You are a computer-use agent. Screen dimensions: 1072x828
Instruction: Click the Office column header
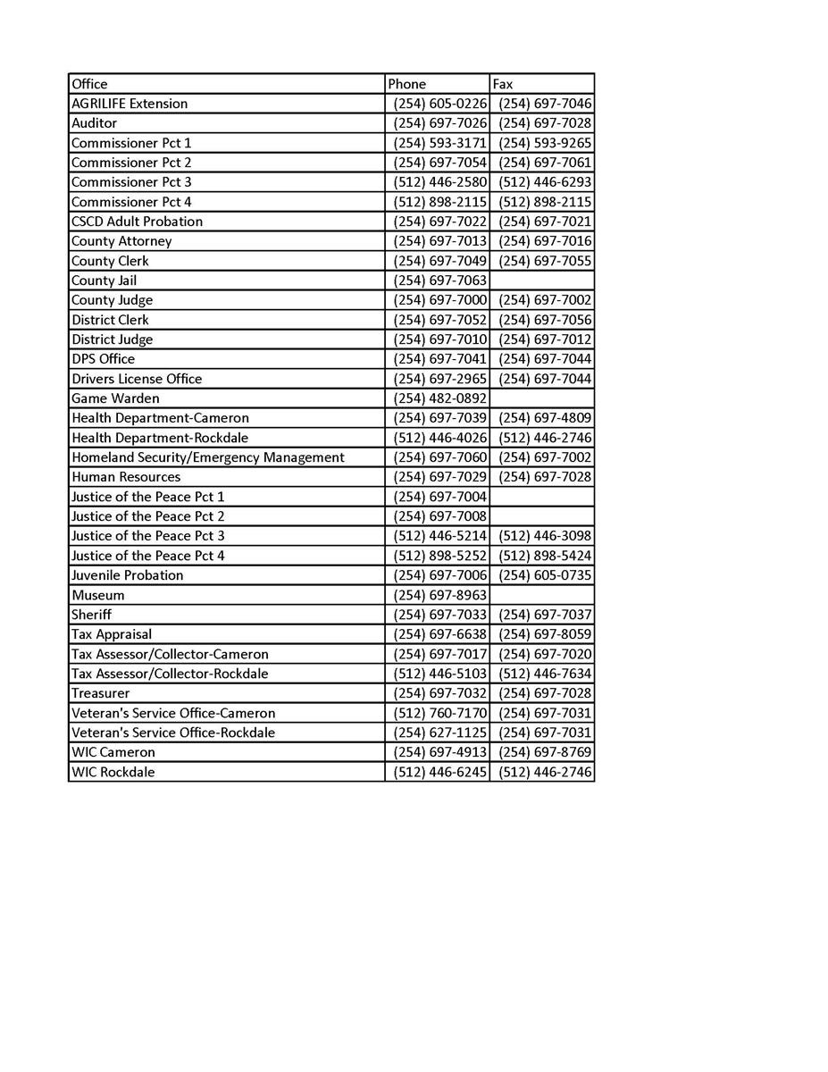(x=89, y=84)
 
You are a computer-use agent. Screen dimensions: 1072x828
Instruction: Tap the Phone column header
(x=407, y=84)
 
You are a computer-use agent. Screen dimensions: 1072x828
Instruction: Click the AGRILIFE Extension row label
(x=130, y=104)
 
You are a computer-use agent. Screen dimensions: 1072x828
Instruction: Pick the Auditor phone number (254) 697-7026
(x=439, y=123)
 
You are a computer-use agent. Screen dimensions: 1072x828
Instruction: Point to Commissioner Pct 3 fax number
(x=545, y=182)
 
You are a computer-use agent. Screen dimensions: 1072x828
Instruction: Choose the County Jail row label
(x=104, y=281)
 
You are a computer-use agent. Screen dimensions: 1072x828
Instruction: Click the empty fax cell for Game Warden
(x=541, y=398)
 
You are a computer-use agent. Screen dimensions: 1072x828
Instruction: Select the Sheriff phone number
(x=439, y=615)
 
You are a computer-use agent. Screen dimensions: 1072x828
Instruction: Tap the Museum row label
(x=98, y=595)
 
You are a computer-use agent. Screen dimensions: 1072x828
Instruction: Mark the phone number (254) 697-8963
(x=439, y=595)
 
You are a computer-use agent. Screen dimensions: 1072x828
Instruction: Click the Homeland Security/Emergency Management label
(x=208, y=457)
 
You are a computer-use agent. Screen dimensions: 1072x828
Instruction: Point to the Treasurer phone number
(x=439, y=693)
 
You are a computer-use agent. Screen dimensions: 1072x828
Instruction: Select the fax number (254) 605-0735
(x=545, y=575)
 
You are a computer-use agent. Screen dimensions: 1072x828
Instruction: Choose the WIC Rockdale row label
(x=113, y=772)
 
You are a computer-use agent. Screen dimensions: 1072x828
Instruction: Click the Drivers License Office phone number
(x=439, y=379)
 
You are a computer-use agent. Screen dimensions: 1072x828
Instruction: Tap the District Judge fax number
(x=545, y=339)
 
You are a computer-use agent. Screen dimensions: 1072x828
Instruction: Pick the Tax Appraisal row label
(x=112, y=634)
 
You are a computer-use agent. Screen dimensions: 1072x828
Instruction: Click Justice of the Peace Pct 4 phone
(x=439, y=556)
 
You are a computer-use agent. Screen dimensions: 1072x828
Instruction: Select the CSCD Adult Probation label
(x=137, y=222)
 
